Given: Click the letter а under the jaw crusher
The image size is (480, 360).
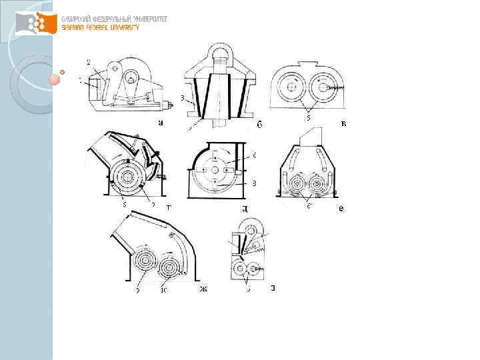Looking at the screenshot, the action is pos(160,123).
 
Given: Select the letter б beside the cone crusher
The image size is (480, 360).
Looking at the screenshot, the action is pos(259,125).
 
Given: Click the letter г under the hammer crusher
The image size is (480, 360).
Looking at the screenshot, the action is pos(169,208).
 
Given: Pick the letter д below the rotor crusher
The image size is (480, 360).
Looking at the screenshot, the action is pos(245,209).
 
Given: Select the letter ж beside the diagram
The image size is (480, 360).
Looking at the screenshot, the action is pos(203,289).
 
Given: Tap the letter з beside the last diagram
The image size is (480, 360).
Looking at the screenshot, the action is pos(273,289).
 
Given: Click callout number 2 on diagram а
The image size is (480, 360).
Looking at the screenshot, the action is pos(88,62).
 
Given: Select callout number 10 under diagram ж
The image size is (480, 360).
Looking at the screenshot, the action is pos(162,290).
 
